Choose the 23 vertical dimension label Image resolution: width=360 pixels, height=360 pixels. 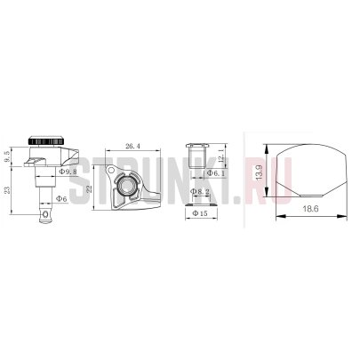pyautogui.click(x=7, y=189)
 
